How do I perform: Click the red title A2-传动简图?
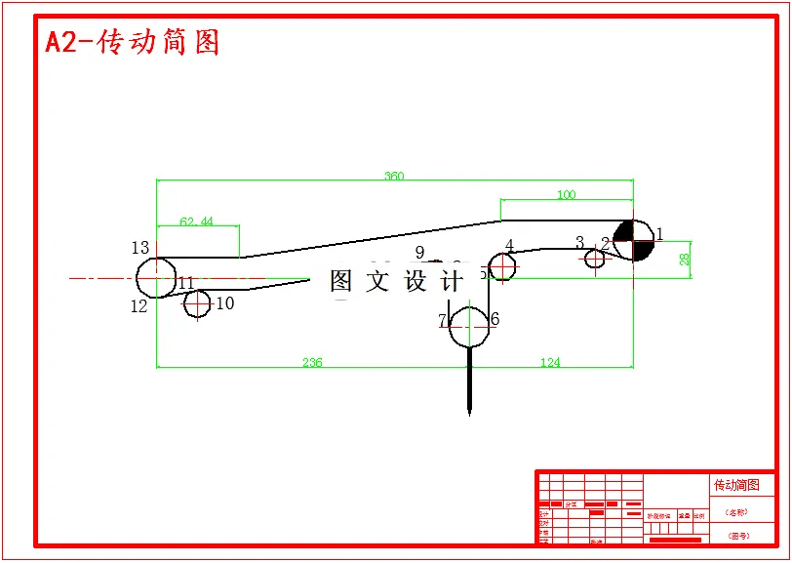133,42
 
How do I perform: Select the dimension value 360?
394,177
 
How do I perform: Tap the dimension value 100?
566,195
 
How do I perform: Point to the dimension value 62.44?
196,221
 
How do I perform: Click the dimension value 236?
311,363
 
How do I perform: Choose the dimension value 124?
550,363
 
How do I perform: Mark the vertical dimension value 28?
685,259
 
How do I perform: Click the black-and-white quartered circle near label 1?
633,240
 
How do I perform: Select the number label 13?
140,248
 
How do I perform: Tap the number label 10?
225,303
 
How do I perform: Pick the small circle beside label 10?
198,304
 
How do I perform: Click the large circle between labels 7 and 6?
470,326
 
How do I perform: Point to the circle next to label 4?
502,265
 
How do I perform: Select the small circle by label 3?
595,259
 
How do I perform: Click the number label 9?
419,253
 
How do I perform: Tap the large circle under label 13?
156,278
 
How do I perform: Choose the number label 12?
139,306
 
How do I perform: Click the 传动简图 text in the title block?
736,485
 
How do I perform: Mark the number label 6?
495,319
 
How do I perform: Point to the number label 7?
442,320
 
